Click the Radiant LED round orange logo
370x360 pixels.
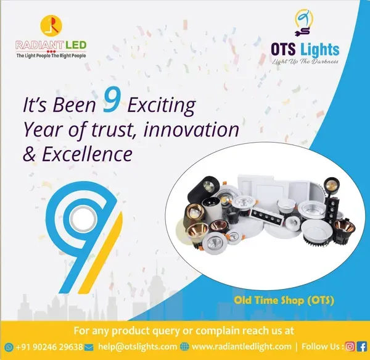point(51,25)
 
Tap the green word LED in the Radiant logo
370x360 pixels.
point(75,45)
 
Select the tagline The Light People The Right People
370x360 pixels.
point(51,56)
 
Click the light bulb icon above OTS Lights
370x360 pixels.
point(304,23)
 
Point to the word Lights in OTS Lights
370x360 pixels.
point(320,50)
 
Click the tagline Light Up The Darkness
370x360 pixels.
point(305,61)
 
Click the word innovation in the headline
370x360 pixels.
point(191,129)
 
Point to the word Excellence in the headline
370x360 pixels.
point(87,154)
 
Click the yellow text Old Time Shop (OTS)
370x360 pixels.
point(284,300)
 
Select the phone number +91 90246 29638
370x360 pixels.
point(49,347)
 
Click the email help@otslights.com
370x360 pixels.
point(138,346)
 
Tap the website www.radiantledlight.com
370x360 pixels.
point(241,346)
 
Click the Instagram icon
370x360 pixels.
point(350,346)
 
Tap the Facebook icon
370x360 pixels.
point(361,346)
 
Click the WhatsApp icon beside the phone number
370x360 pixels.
point(9,347)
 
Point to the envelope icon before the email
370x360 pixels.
point(89,347)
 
